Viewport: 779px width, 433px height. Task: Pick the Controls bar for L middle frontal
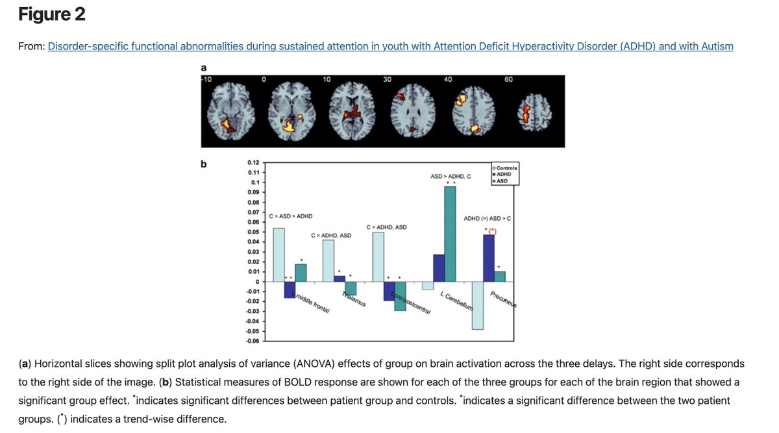click(278, 254)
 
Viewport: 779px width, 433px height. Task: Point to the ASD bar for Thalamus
click(351, 288)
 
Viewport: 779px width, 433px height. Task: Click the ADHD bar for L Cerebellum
click(439, 267)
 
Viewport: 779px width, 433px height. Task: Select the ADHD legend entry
click(504, 174)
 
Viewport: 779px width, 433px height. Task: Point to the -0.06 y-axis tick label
click(252, 341)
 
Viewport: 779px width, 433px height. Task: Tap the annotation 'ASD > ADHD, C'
click(451, 177)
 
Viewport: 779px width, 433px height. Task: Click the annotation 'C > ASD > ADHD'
click(290, 216)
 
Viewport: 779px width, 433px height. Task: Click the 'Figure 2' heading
click(52, 14)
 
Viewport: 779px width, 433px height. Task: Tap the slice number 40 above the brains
click(448, 79)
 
